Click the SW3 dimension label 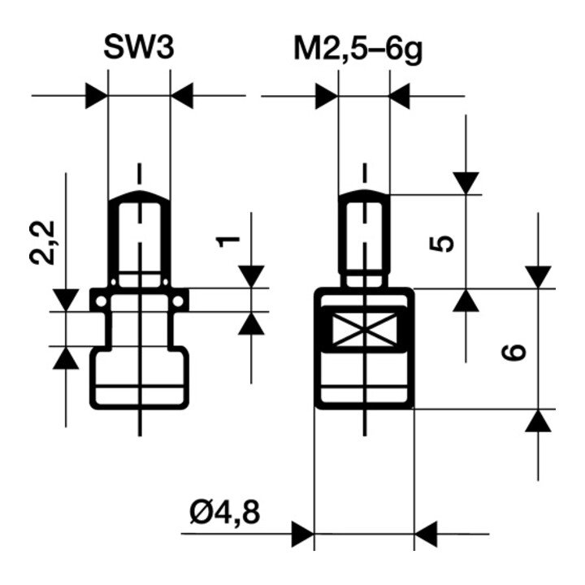139,47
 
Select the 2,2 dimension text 42,243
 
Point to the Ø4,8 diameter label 224,512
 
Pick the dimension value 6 513,353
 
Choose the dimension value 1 228,242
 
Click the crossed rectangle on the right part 364,329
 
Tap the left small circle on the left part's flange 101,301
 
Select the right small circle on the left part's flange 178,301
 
